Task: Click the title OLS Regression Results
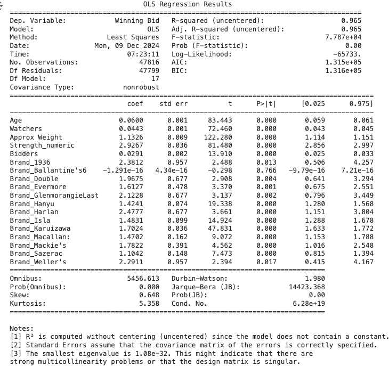click(x=188, y=4)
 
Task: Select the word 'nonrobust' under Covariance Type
click(x=141, y=87)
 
